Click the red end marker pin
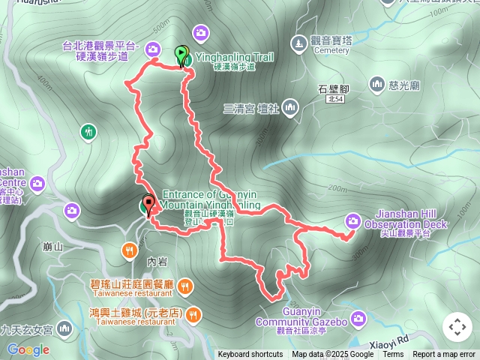(148, 203)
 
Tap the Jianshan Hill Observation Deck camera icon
(353, 220)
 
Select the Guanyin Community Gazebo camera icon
(358, 319)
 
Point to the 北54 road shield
(334, 99)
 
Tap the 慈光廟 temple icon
(376, 82)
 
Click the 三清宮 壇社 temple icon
(290, 109)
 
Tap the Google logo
(28, 349)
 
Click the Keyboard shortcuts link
(250, 355)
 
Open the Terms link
(393, 355)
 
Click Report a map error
(445, 355)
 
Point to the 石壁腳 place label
(331, 88)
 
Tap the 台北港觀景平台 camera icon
(153, 50)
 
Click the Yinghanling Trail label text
(234, 57)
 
